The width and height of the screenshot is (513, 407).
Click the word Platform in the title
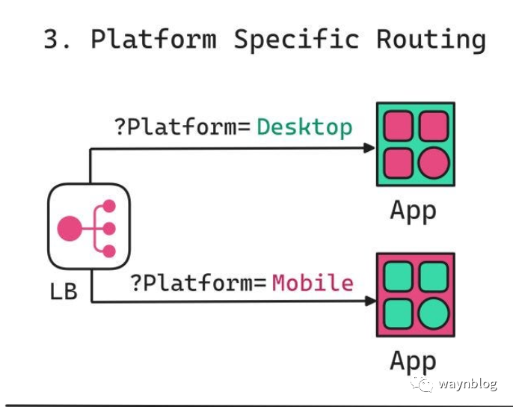tap(154, 38)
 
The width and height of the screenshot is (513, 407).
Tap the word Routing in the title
tap(430, 38)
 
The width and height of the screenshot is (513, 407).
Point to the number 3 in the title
tap(52, 38)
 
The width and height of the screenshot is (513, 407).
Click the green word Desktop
tap(304, 126)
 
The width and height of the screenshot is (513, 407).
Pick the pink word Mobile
tap(313, 283)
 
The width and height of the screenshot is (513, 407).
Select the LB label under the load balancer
tap(64, 290)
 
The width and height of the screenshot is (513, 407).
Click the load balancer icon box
tap(89, 227)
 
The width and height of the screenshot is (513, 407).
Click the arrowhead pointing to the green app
tap(369, 148)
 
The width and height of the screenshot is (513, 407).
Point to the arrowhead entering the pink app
tap(369, 302)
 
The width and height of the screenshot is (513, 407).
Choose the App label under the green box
tap(413, 211)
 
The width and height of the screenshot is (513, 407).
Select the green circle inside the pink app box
tap(433, 314)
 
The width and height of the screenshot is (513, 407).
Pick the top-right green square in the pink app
tap(433, 276)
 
